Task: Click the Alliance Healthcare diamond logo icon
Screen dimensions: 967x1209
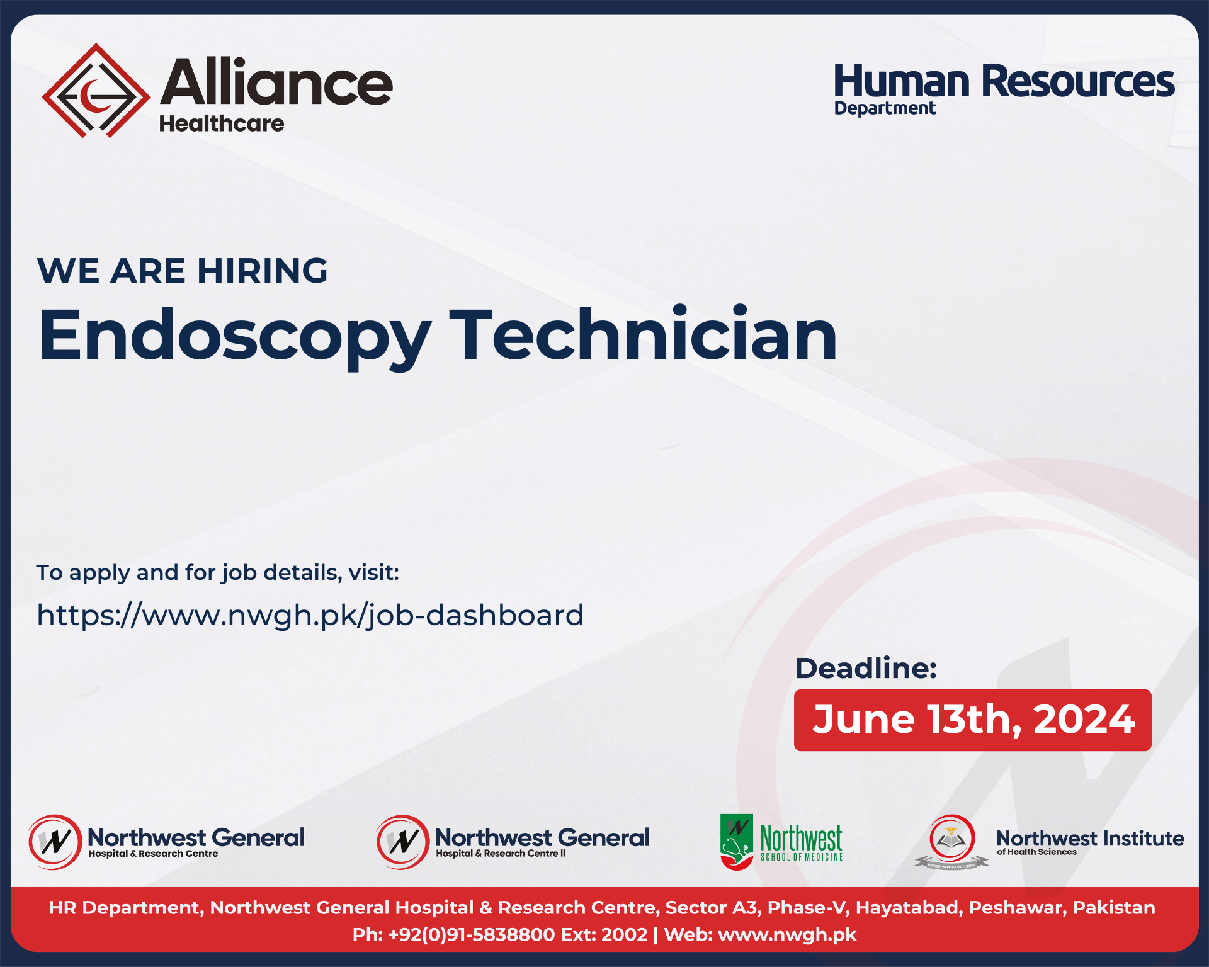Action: [x=96, y=91]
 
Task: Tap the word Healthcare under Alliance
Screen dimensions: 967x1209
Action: [x=221, y=123]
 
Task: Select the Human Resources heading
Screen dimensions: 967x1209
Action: [x=1004, y=81]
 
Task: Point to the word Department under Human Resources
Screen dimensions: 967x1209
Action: [x=885, y=108]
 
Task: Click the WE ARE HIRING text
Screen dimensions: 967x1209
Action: [x=183, y=271]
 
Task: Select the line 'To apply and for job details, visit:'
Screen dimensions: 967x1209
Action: [x=218, y=572]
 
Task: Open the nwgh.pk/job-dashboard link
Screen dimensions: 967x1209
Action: [x=310, y=615]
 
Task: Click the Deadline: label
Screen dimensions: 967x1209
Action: [x=866, y=668]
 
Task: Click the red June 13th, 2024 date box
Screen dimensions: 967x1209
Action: [x=972, y=720]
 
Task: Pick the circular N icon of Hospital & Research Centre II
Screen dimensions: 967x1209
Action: [x=402, y=842]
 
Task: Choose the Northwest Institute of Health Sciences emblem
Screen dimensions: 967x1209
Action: [x=951, y=841]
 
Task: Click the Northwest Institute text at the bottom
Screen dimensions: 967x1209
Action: [x=1090, y=838]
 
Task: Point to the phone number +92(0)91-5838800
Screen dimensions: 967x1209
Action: [x=472, y=934]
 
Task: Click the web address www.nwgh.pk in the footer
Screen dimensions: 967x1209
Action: [x=787, y=934]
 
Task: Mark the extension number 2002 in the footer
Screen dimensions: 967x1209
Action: [x=624, y=934]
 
